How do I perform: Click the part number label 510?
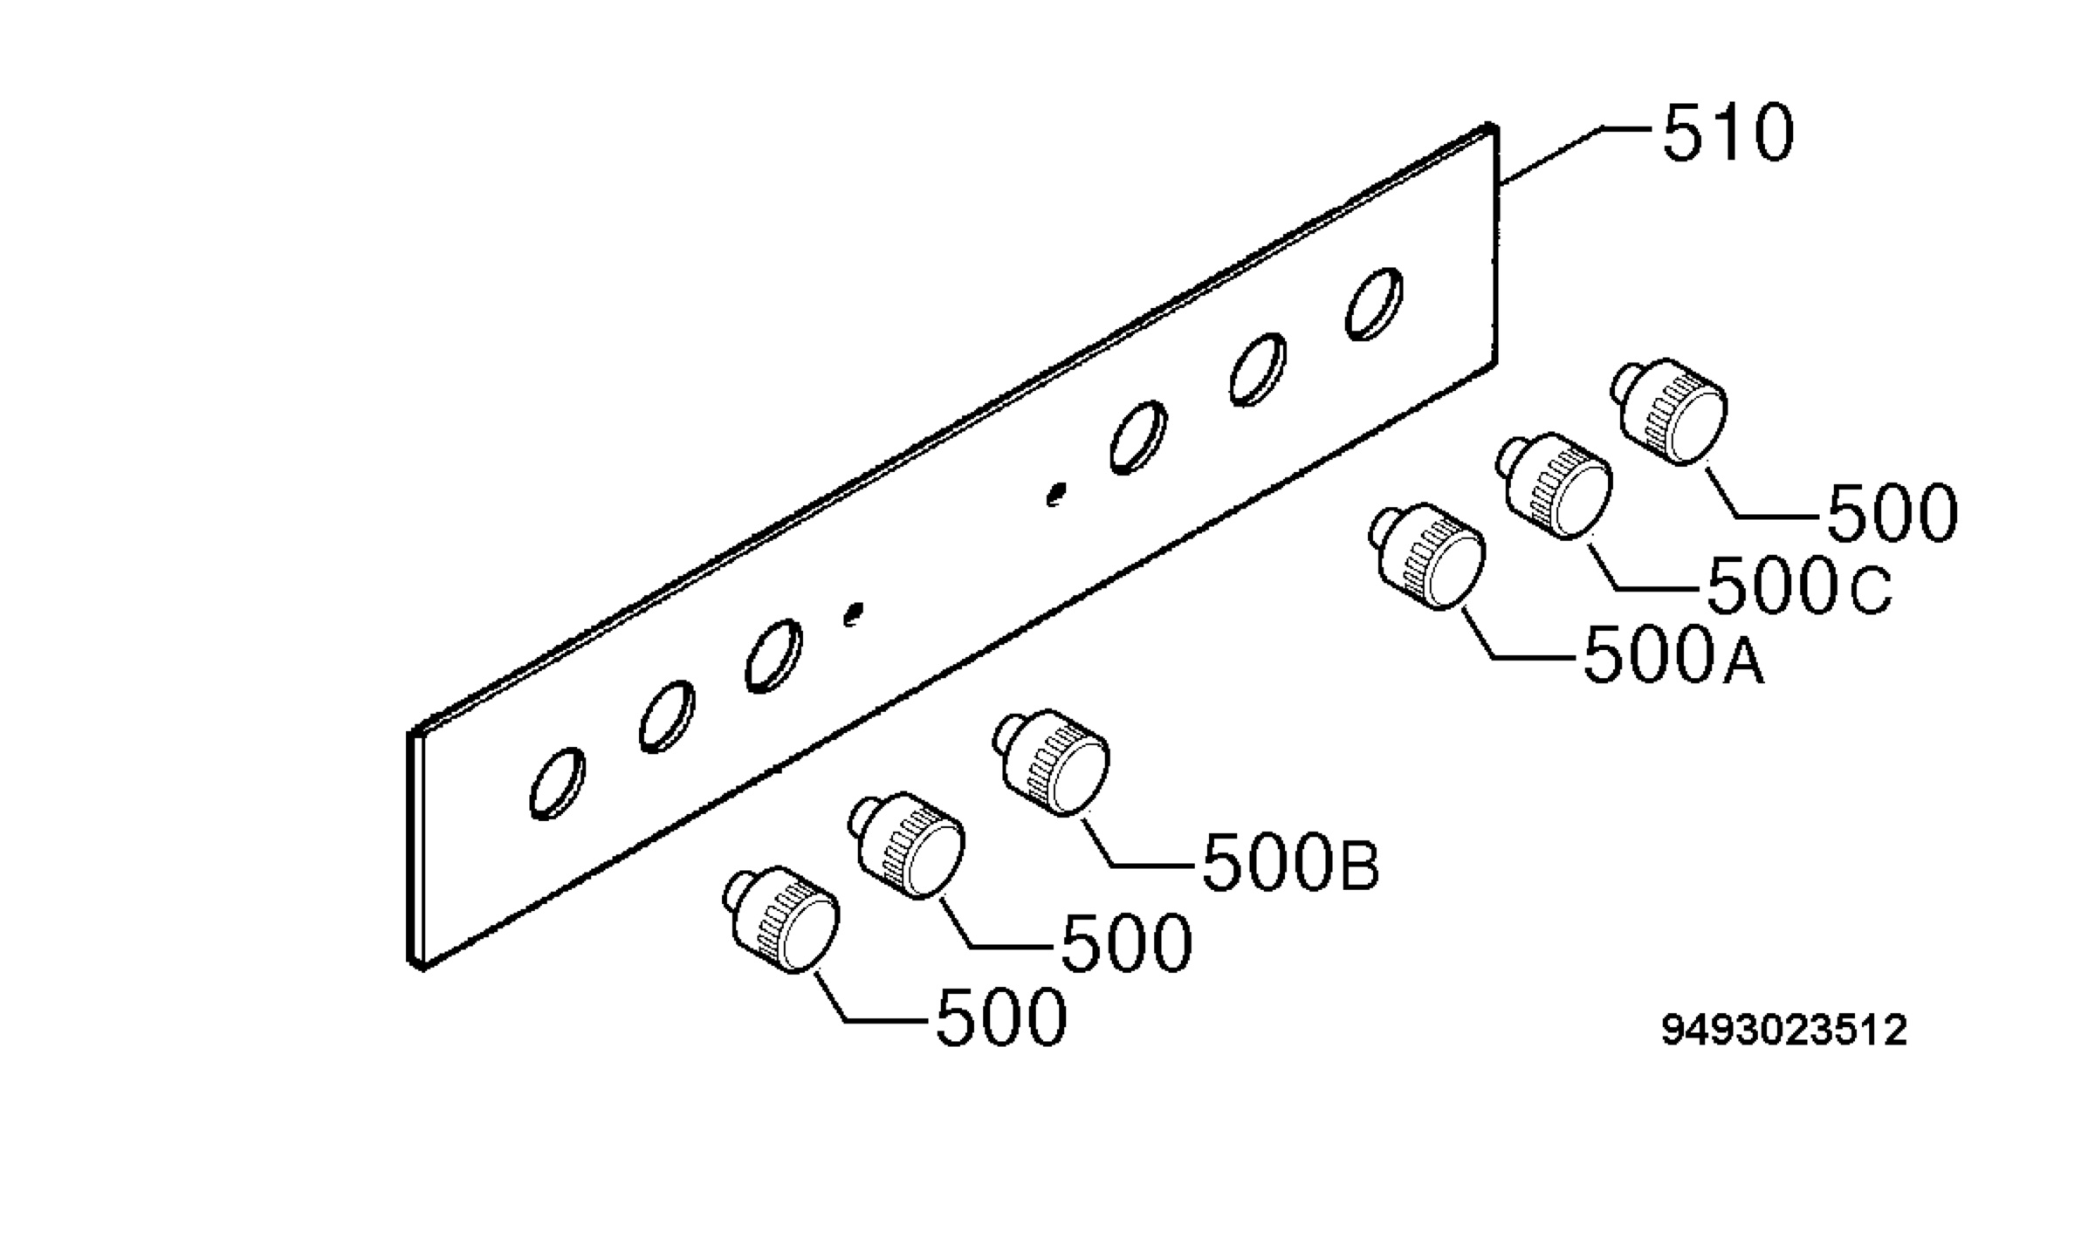tap(1728, 134)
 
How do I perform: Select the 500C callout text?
tap(1798, 585)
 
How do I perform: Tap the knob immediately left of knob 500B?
tap(908, 846)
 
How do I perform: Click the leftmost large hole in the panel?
tap(558, 784)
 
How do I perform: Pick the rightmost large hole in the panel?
tap(1374, 304)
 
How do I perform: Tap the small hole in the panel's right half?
tap(1056, 495)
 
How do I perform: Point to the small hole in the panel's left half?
tap(853, 614)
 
